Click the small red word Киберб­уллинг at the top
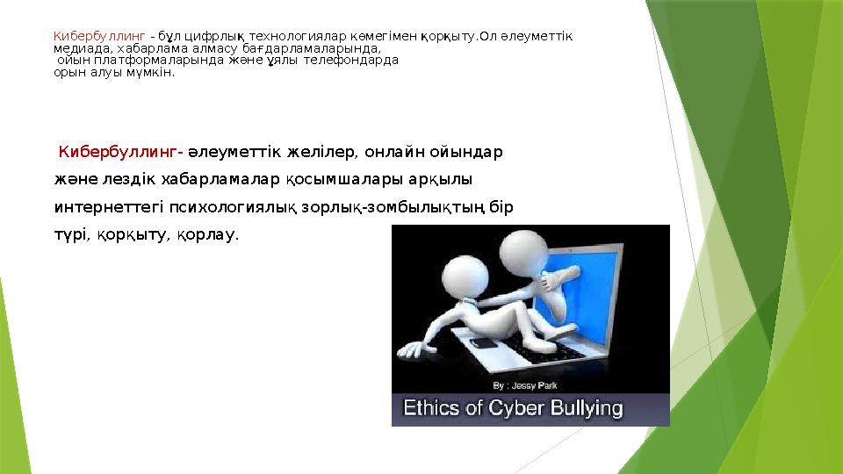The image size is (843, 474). [98, 37]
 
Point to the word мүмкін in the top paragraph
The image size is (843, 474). [153, 73]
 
